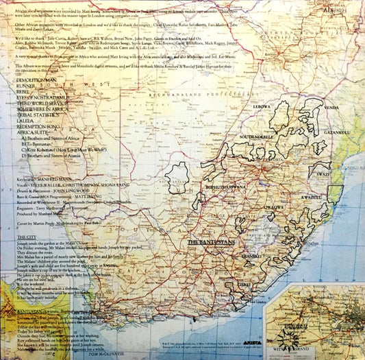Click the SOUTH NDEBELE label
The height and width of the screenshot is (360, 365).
pos(257,138)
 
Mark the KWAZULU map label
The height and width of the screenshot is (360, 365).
pos(312,197)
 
